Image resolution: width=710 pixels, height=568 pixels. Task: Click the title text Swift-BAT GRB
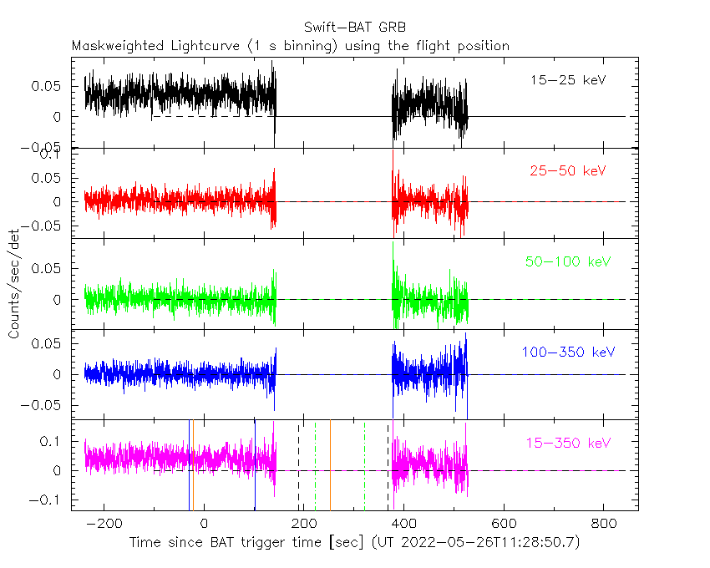[x=354, y=28]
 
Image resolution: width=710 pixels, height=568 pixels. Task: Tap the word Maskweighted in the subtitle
[x=118, y=46]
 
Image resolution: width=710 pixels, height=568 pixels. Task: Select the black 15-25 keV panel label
[x=568, y=80]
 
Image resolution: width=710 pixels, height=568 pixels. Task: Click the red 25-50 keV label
[x=568, y=170]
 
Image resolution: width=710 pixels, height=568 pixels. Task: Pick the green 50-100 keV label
[x=568, y=261]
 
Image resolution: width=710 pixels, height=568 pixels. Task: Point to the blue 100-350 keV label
[x=568, y=352]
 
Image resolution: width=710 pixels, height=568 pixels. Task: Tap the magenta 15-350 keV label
[x=568, y=443]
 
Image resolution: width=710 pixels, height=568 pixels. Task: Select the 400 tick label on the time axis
[x=404, y=524]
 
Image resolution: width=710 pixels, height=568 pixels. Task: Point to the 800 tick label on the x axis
[x=604, y=524]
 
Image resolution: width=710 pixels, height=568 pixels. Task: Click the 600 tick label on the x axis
[x=504, y=524]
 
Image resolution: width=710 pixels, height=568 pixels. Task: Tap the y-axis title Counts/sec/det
[x=14, y=284]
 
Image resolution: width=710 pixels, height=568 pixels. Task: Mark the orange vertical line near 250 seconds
[x=330, y=465]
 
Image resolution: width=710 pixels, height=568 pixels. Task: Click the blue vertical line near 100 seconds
[x=255, y=465]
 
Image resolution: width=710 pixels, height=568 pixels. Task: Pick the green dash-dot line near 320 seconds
[x=364, y=465]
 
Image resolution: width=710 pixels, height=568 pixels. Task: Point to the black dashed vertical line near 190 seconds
[x=298, y=465]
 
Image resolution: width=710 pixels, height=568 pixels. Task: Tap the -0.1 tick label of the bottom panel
[x=44, y=500]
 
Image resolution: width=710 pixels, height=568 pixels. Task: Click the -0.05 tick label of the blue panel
[x=40, y=405]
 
